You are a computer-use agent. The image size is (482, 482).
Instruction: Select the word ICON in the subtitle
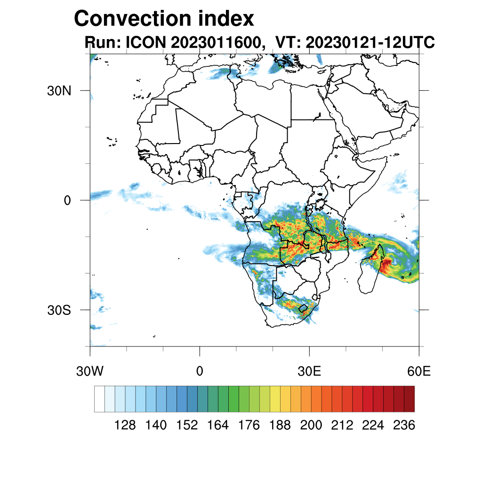point(145,42)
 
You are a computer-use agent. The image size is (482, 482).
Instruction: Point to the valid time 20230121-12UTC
point(370,42)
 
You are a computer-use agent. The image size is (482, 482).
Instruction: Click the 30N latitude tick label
point(59,90)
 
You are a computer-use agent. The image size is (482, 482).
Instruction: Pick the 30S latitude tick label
point(59,310)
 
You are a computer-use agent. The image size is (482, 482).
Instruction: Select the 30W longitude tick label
point(89,372)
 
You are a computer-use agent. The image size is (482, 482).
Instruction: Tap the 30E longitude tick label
point(309,372)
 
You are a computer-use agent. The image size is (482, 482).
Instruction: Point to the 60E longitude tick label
point(419,372)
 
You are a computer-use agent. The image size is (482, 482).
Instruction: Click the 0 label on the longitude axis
point(200,372)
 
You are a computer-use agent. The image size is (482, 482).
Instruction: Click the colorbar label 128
point(125,426)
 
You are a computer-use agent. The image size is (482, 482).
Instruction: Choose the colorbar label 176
point(249,426)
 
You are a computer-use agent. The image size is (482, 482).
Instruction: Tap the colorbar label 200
point(311,426)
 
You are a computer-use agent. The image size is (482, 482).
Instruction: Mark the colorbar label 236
point(404,426)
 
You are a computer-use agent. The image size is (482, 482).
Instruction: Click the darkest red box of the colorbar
point(409,399)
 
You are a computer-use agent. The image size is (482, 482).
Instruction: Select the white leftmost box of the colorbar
point(99,399)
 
